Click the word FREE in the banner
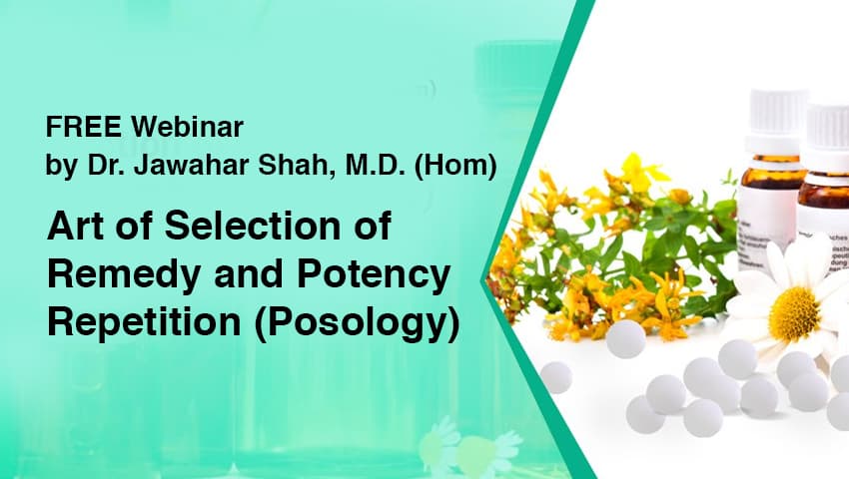(x=76, y=128)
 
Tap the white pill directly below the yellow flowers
(x=626, y=339)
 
